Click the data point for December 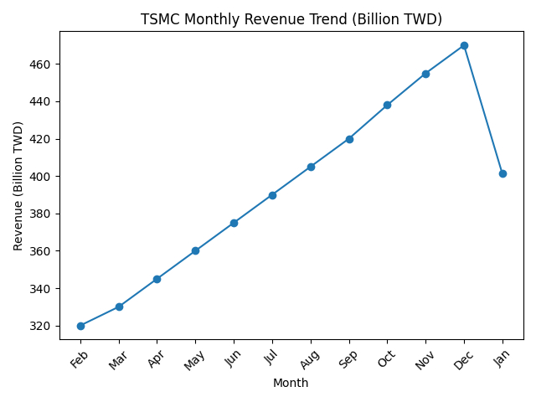tap(464, 45)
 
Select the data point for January tap(502, 173)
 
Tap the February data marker tap(80, 326)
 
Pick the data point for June tap(234, 223)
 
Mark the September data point tap(349, 139)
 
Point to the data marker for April tap(157, 279)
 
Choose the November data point tap(425, 74)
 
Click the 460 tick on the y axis tap(41, 64)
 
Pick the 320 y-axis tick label tap(41, 326)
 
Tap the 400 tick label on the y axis tap(41, 177)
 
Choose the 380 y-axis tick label tap(41, 214)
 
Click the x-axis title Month tap(291, 384)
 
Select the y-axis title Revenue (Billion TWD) tap(18, 186)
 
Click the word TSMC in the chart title tap(159, 19)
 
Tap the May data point tap(195, 250)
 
